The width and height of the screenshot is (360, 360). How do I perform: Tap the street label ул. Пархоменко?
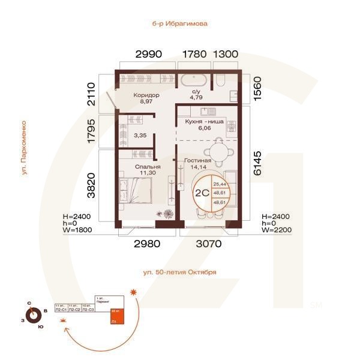pyautogui.click(x=24, y=148)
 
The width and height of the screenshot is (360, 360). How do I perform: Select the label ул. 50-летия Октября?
pyautogui.click(x=179, y=272)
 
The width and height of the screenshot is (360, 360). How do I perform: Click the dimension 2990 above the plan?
pyautogui.click(x=149, y=54)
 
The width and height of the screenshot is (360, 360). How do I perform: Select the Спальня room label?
pyautogui.click(x=147, y=167)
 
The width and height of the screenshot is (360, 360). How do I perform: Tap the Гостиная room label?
pyautogui.click(x=197, y=161)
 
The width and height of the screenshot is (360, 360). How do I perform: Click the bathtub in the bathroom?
pyautogui.click(x=191, y=80)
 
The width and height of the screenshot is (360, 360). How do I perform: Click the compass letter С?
pyautogui.click(x=28, y=304)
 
